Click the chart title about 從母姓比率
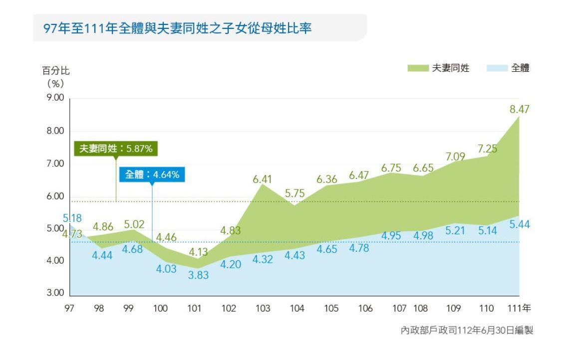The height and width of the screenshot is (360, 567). click(177, 28)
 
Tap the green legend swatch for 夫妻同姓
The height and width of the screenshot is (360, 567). click(418, 68)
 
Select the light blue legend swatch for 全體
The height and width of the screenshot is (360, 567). click(496, 68)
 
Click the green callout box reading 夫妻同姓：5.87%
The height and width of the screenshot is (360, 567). click(116, 149)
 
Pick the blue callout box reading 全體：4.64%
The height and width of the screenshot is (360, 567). click(152, 175)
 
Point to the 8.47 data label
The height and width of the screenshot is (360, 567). click(519, 109)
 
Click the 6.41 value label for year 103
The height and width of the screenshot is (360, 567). click(263, 179)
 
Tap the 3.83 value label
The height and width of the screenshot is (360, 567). click(198, 275)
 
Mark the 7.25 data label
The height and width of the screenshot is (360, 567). click(487, 149)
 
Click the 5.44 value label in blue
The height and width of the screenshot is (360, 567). click(520, 224)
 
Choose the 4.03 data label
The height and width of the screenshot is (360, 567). click(166, 269)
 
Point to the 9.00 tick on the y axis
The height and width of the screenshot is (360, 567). click(55, 98)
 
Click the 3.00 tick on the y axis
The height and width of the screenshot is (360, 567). click(55, 293)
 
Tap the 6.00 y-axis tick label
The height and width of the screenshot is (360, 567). click(55, 196)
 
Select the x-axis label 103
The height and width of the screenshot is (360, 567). click(263, 309)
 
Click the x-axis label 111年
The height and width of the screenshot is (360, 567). click(519, 309)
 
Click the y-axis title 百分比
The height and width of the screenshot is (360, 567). click(55, 70)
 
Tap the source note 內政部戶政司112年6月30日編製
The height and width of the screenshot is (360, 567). click(467, 330)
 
